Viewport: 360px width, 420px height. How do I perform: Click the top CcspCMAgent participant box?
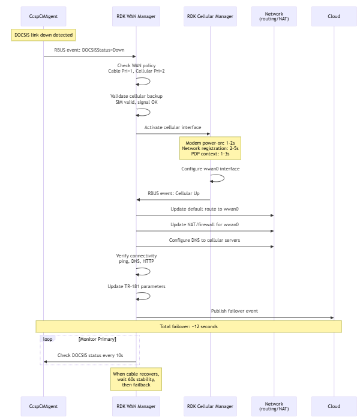pyautogui.click(x=43, y=16)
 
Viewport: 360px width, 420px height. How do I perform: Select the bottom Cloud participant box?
pyautogui.click(x=334, y=406)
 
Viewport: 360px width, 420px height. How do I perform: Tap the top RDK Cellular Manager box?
pyautogui.click(x=210, y=16)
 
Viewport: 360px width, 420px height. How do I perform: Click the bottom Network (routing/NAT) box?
pyautogui.click(x=274, y=406)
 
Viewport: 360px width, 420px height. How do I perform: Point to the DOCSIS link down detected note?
pyautogui.click(x=43, y=35)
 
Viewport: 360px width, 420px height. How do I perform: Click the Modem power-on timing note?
pyautogui.click(x=210, y=148)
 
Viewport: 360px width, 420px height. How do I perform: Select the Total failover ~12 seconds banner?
pyautogui.click(x=188, y=326)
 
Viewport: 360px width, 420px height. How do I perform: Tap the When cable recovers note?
pyautogui.click(x=136, y=379)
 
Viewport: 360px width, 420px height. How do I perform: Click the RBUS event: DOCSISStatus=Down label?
pyautogui.click(x=89, y=50)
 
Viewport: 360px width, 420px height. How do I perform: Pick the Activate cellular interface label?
pyautogui.click(x=173, y=127)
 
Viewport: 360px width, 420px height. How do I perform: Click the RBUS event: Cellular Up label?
pyautogui.click(x=173, y=193)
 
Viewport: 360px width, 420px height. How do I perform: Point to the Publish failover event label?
pyautogui.click(x=235, y=311)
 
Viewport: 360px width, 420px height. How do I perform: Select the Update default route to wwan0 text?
pyautogui.click(x=205, y=209)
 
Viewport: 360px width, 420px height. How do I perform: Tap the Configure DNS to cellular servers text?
pyautogui.click(x=205, y=240)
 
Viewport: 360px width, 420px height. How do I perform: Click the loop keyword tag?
pyautogui.click(x=47, y=339)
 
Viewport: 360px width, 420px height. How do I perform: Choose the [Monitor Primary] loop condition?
pyautogui.click(x=97, y=340)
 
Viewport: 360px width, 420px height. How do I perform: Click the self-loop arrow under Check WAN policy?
pyautogui.click(x=150, y=82)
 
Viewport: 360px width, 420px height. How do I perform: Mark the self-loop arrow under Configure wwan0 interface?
pyautogui.click(x=224, y=178)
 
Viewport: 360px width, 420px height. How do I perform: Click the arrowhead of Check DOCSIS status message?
pyautogui.click(x=45, y=362)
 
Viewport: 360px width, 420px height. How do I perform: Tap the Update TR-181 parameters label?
pyautogui.click(x=136, y=287)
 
